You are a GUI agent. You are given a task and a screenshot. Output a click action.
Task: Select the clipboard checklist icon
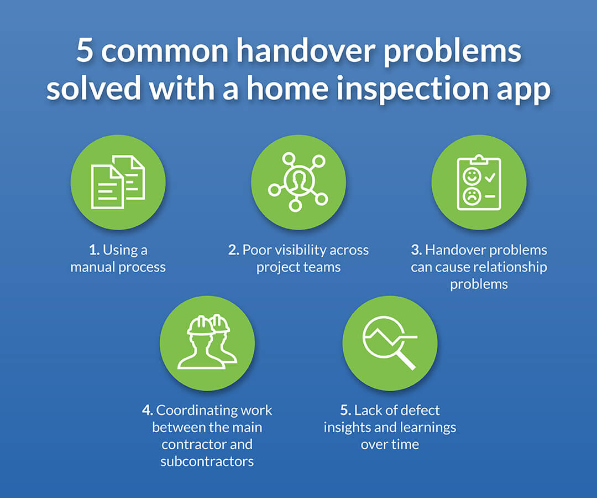click(479, 182)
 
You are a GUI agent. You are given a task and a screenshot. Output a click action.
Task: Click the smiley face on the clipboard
click(472, 177)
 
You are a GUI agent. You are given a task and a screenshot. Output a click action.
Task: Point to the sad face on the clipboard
click(472, 195)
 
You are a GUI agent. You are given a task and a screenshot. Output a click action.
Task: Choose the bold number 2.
click(233, 250)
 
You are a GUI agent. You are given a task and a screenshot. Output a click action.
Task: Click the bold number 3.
click(416, 250)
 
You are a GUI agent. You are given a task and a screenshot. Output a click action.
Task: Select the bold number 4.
click(147, 411)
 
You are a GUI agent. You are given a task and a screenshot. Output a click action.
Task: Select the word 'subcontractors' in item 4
click(207, 461)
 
